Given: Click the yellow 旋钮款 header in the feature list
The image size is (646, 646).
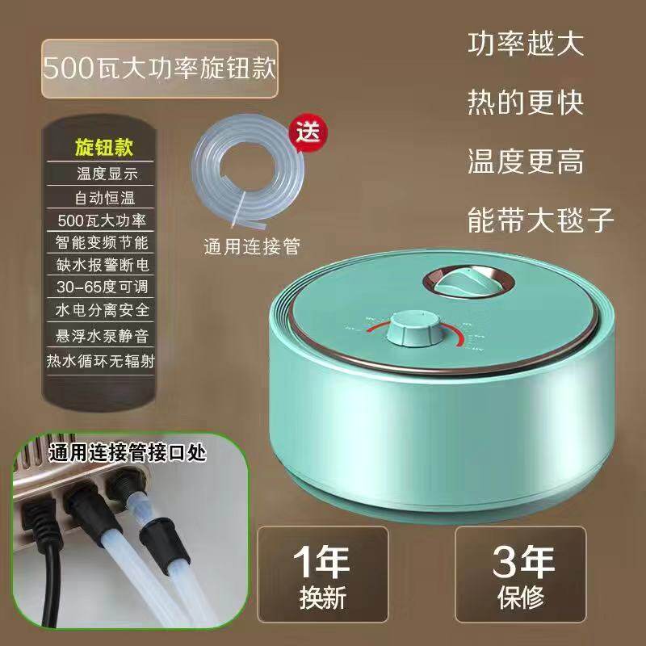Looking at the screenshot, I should click(x=103, y=148).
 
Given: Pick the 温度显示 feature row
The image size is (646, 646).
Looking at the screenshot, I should click(x=103, y=172).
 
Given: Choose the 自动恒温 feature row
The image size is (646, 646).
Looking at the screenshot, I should click(x=103, y=195).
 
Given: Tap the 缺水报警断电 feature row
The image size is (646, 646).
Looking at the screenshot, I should click(x=103, y=264).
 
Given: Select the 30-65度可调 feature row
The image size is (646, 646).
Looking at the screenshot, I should click(x=103, y=287).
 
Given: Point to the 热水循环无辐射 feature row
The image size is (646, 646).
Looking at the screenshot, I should click(x=103, y=355).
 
